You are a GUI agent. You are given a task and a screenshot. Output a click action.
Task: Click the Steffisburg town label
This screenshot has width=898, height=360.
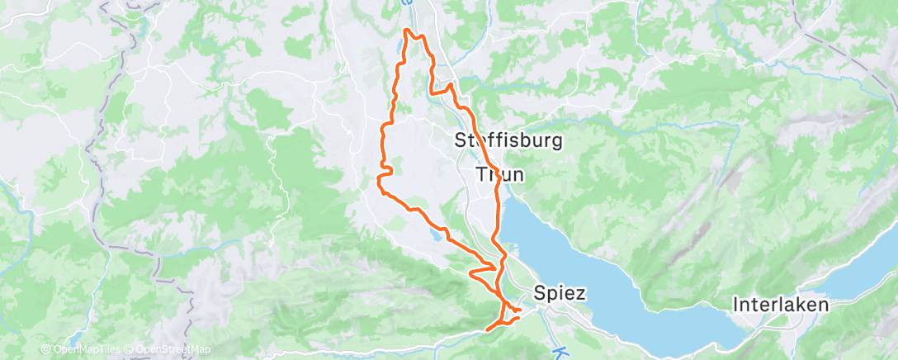click(509, 141)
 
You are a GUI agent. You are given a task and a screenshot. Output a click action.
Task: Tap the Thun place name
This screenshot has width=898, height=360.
click(499, 174)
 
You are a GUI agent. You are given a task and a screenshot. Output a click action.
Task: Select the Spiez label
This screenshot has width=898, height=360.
click(560, 292)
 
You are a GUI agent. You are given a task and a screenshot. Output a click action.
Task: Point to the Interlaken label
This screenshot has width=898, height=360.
click(781, 305)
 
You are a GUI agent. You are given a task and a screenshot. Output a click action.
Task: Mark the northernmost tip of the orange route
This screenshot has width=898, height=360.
click(406, 30)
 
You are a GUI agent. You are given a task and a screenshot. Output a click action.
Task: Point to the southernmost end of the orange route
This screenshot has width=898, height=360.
click(489, 329)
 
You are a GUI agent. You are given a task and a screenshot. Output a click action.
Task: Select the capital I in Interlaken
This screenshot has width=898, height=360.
click(736, 305)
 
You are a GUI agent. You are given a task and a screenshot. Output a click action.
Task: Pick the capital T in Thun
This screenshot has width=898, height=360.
click(482, 174)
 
